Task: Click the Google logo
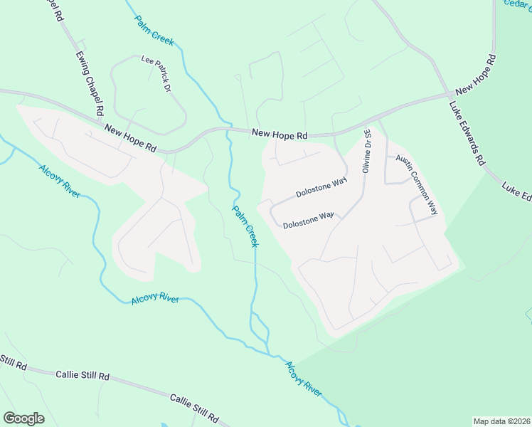click(x=23, y=418)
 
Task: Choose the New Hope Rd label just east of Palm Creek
click(x=280, y=134)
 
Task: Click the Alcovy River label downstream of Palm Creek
click(x=303, y=378)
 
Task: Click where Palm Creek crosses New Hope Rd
click(x=228, y=131)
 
